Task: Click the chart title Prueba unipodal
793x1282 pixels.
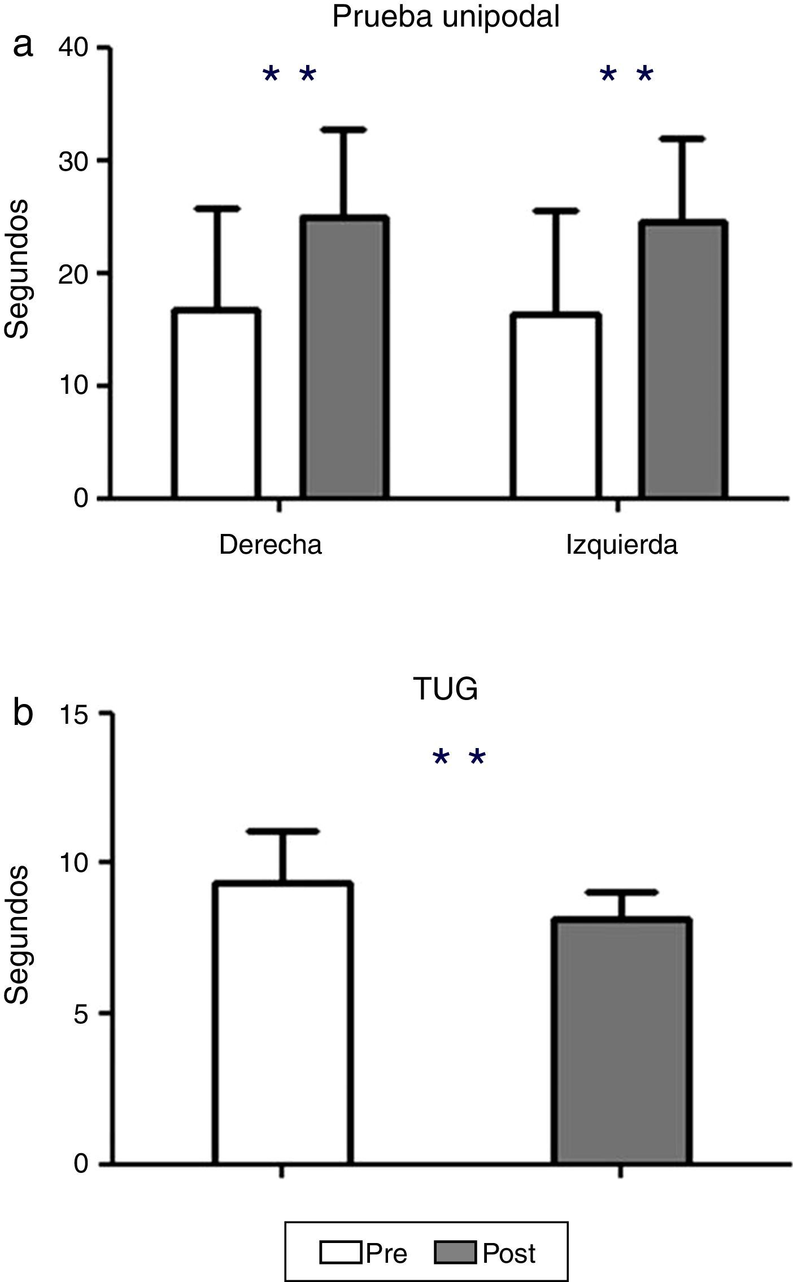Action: [446, 16]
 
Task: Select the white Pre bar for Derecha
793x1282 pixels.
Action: [217, 403]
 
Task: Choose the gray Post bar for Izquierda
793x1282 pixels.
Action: [683, 359]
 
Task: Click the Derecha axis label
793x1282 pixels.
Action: [271, 545]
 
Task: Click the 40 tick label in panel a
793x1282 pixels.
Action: [73, 49]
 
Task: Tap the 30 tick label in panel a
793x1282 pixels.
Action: [73, 161]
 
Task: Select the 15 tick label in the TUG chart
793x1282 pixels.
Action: [75, 714]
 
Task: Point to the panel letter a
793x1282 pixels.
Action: [23, 45]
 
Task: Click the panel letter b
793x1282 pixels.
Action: [23, 713]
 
